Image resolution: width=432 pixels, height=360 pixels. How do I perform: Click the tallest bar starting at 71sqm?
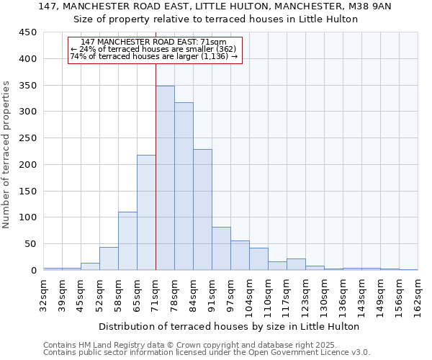[165, 178]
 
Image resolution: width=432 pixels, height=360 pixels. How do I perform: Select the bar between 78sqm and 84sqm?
[184, 186]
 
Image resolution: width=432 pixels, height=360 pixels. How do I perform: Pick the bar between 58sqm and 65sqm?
[127, 240]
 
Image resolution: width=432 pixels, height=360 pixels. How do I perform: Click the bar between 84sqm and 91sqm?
[202, 210]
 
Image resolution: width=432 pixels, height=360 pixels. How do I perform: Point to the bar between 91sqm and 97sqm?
[221, 248]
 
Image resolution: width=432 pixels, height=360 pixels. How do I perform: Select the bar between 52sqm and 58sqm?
[109, 258]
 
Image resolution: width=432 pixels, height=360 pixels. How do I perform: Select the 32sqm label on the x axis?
[43, 293]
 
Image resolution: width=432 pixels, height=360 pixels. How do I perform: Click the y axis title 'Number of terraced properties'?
[7, 154]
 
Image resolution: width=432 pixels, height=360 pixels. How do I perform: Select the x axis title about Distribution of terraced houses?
[229, 326]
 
